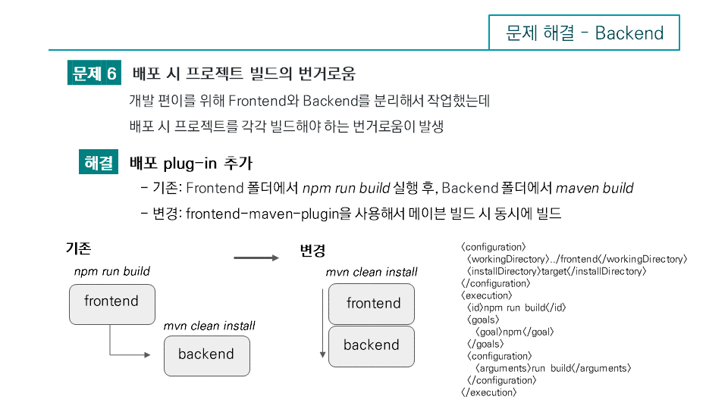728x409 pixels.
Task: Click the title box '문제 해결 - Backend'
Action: click(584, 33)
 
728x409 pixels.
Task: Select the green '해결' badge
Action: click(99, 163)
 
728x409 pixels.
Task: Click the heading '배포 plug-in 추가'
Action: click(191, 164)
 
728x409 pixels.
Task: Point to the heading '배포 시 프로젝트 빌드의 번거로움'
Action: click(243, 73)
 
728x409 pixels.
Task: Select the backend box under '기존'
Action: click(206, 355)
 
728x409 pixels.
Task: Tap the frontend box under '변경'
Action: click(372, 304)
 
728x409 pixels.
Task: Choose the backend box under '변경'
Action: click(372, 346)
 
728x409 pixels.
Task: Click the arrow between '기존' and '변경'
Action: click(256, 258)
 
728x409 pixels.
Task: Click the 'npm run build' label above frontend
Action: click(111, 271)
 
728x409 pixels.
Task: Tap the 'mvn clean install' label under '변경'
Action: click(372, 272)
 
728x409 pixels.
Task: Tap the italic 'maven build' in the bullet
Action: click(595, 188)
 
